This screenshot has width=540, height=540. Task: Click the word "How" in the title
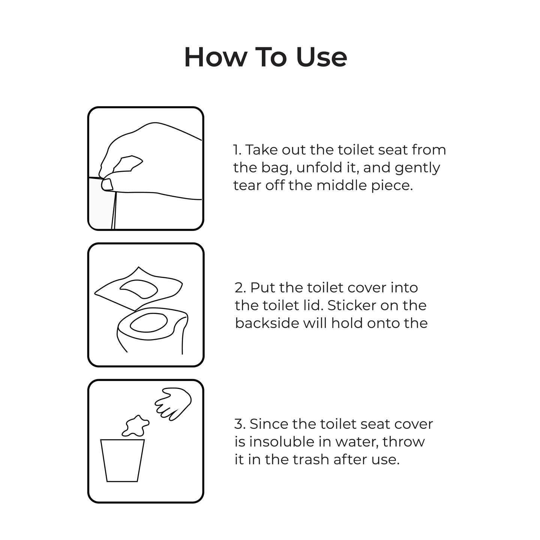point(216,57)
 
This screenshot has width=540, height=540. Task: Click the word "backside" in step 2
point(267,323)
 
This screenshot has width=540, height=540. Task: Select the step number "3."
point(240,424)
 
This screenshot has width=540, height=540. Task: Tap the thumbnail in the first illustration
point(107,185)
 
